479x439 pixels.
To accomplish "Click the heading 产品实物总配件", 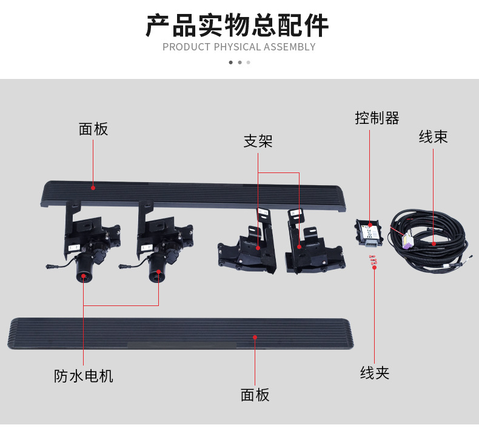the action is [237, 26].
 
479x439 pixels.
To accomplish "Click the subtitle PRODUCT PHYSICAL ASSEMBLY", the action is [239, 47].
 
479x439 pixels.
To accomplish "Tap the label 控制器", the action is [377, 118].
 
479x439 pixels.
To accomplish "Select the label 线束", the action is [433, 137].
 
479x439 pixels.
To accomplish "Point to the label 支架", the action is [258, 141].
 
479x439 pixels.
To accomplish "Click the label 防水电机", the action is [84, 376].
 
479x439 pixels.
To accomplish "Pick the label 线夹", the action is [375, 373].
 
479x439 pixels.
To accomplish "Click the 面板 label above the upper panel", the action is [93, 129].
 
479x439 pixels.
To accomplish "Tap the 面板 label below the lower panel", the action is [255, 395].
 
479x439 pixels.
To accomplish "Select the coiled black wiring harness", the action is [429, 242].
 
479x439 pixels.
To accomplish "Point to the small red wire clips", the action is [373, 260].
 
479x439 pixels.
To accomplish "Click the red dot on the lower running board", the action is [255, 337].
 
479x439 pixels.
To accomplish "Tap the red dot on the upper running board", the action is [93, 188].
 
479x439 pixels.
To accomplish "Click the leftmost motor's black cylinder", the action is [84, 268].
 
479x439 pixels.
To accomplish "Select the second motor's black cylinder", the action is [157, 268].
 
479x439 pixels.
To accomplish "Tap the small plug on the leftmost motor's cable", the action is [50, 267].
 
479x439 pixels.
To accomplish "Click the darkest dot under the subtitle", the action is [231, 63].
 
